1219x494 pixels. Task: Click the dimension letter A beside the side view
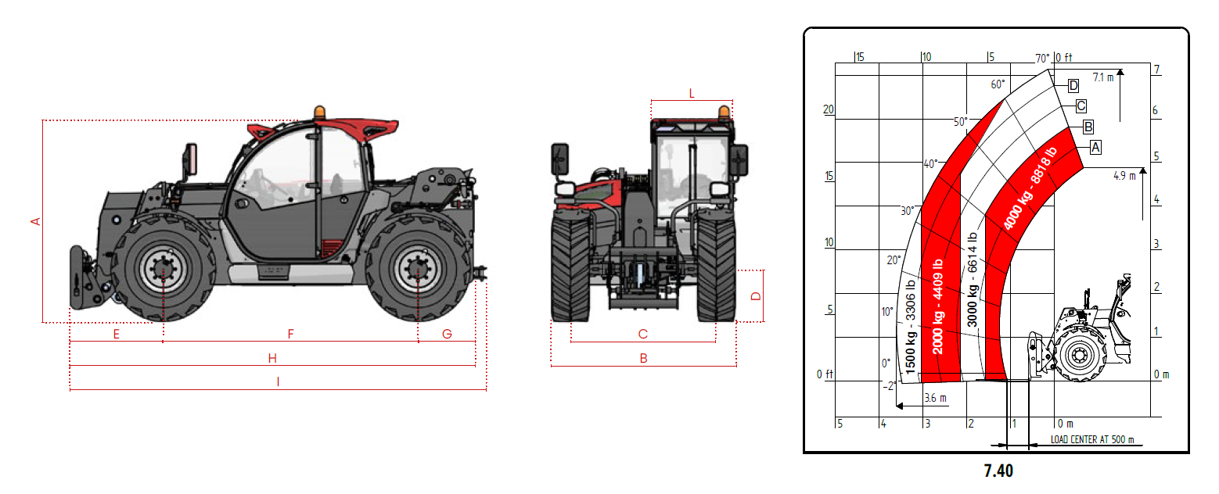click(x=35, y=221)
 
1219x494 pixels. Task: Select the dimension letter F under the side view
click(x=290, y=334)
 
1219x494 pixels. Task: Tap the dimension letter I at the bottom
click(x=278, y=382)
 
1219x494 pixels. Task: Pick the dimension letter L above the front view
click(x=692, y=94)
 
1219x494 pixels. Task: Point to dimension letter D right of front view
click(x=756, y=296)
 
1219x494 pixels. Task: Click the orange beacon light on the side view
click(x=319, y=112)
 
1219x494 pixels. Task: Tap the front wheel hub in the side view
click(x=163, y=268)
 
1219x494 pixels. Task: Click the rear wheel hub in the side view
click(x=418, y=268)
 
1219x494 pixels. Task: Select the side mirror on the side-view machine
click(x=191, y=159)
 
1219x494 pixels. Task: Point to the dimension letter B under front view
click(x=643, y=358)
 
